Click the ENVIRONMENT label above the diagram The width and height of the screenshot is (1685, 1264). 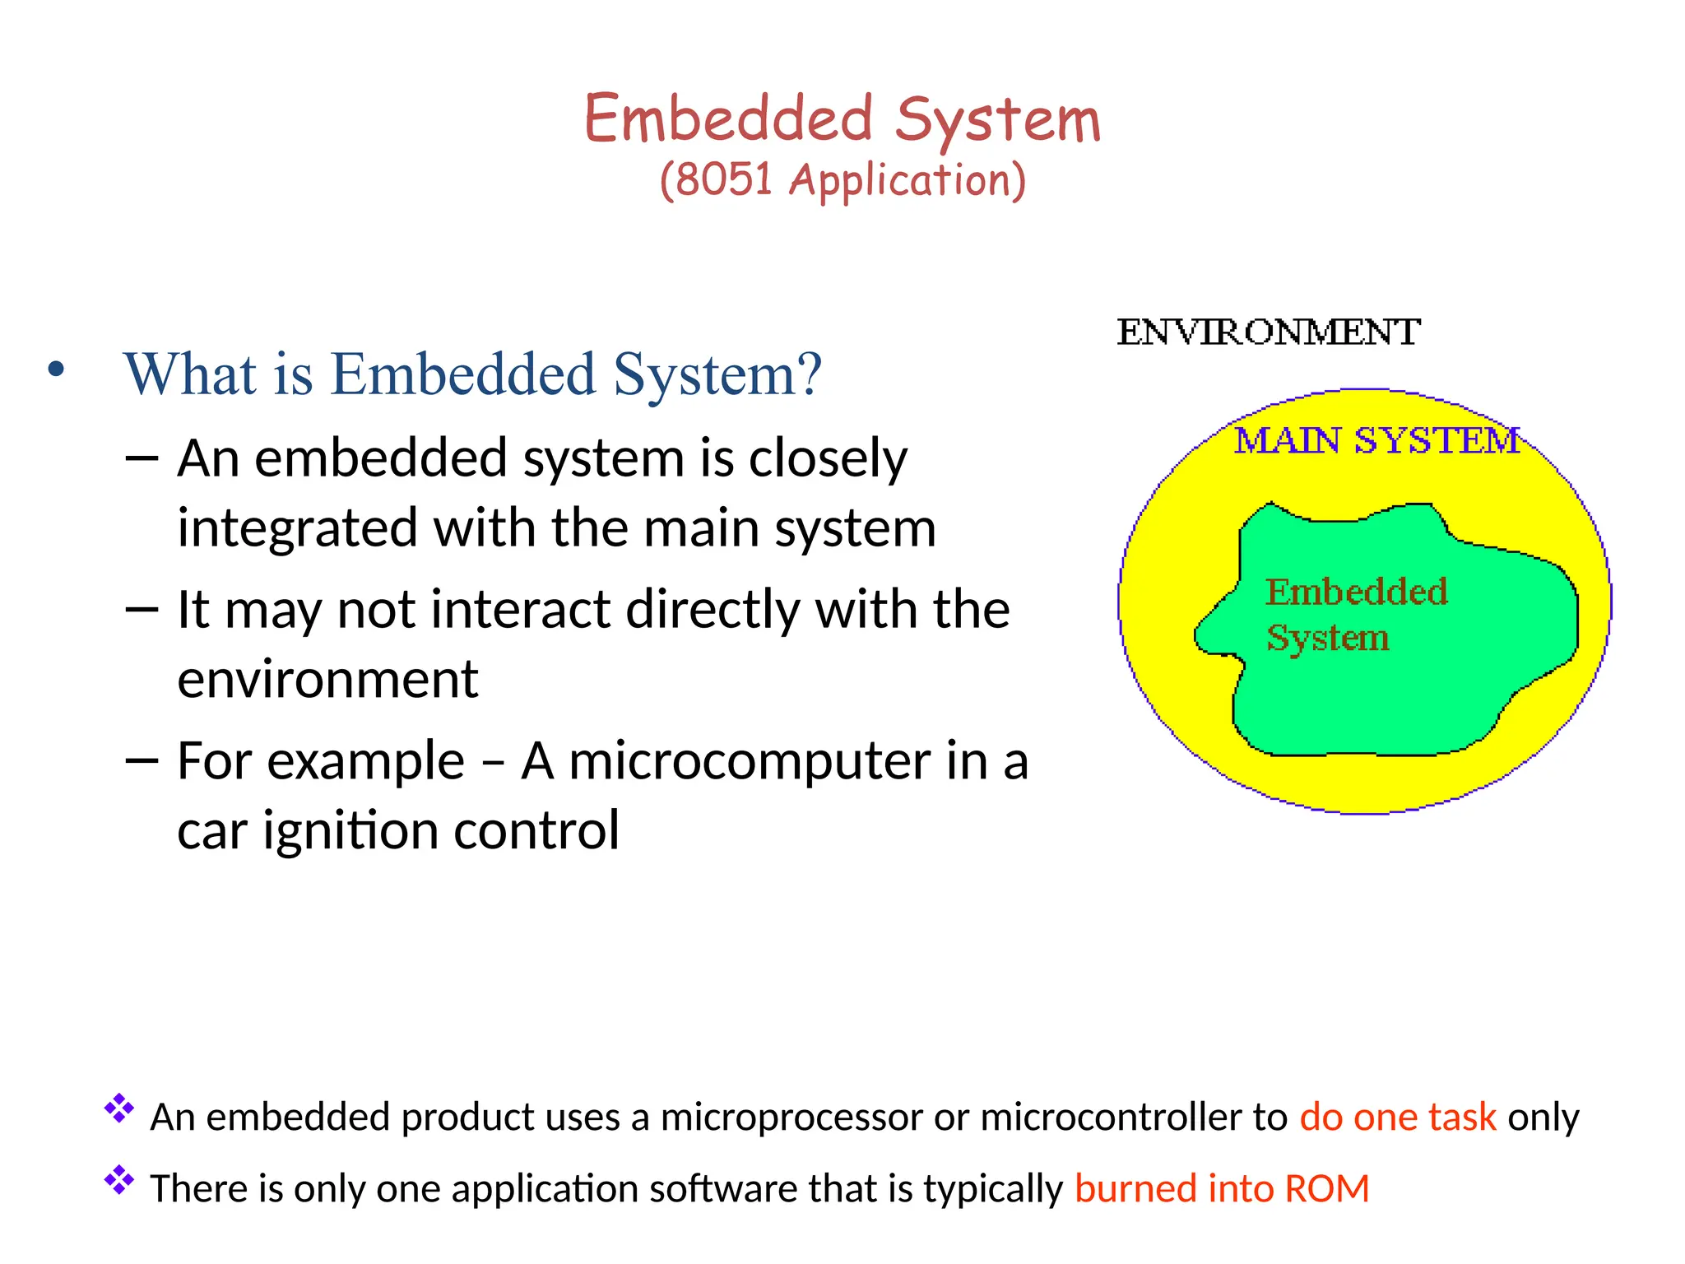[1268, 332]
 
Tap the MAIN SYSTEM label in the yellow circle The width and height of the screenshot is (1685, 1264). [1376, 440]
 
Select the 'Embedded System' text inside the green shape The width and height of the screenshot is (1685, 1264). [1356, 614]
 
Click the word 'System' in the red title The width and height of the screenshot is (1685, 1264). [997, 121]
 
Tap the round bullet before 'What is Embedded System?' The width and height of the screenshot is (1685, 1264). [56, 370]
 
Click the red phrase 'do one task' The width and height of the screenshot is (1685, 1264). [1397, 1118]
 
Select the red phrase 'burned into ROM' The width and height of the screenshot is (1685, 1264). [1222, 1189]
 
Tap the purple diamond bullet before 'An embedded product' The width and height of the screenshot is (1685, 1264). [119, 1108]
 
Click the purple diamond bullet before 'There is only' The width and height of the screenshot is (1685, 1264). [119, 1180]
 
